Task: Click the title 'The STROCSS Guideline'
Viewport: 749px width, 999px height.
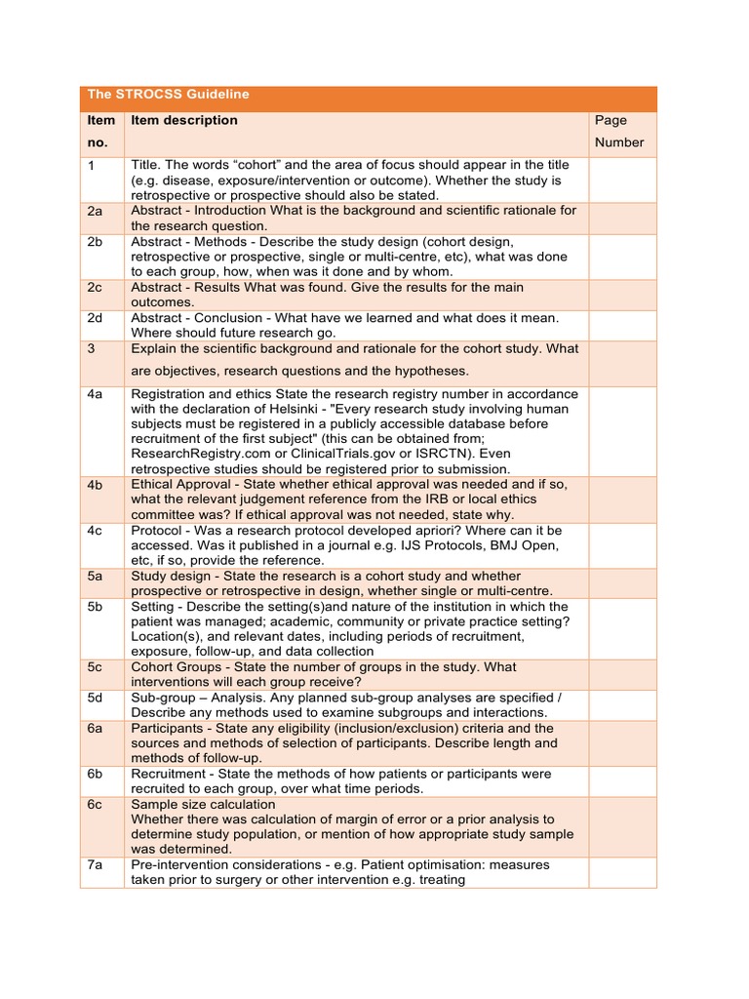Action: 168,95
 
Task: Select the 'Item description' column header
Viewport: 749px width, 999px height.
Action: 184,120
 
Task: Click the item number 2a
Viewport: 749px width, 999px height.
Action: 96,211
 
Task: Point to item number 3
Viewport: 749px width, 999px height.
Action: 92,348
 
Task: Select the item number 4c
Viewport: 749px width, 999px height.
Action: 96,530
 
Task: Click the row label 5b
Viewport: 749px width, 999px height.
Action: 96,607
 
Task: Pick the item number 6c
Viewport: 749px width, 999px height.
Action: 96,804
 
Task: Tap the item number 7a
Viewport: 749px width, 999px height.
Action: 96,864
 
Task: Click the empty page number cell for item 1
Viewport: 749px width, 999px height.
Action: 622,180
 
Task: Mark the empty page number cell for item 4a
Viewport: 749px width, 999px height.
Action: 622,430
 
